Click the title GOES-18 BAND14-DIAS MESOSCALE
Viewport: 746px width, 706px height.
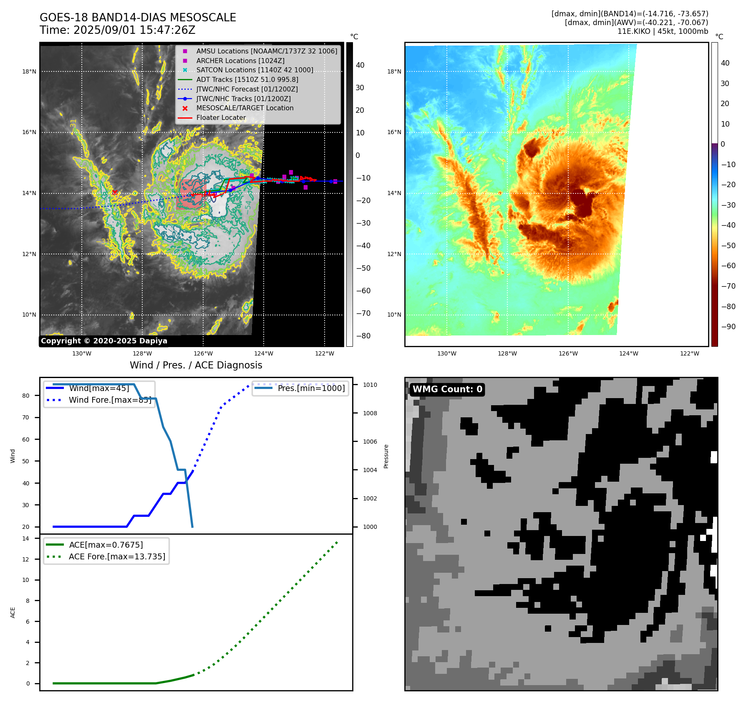[x=138, y=18]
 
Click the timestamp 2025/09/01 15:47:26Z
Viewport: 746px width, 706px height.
[x=134, y=30]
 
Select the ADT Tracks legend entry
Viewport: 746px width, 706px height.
[x=247, y=79]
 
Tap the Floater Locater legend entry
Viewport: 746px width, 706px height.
[x=221, y=117]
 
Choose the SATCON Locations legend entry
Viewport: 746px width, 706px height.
[x=255, y=70]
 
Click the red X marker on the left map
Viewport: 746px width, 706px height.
[x=115, y=192]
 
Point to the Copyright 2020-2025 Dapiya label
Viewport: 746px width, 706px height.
[x=104, y=341]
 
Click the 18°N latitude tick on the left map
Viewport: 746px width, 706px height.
[x=29, y=71]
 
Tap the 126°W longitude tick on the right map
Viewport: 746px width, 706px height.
[x=568, y=353]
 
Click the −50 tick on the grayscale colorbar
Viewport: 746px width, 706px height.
[x=363, y=268]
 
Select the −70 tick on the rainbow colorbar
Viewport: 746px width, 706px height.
[x=728, y=286]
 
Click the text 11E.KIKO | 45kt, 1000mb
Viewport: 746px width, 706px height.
[x=663, y=31]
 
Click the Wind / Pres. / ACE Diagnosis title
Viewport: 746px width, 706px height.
[x=196, y=365]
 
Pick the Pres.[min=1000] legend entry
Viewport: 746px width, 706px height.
[x=311, y=388]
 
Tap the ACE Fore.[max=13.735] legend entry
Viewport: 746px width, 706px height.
[x=117, y=556]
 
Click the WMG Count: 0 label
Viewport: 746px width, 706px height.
[x=447, y=389]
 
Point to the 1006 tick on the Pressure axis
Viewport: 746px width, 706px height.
[x=370, y=442]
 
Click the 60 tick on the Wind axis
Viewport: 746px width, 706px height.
[x=26, y=439]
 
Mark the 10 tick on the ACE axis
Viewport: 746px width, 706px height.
[x=26, y=580]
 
